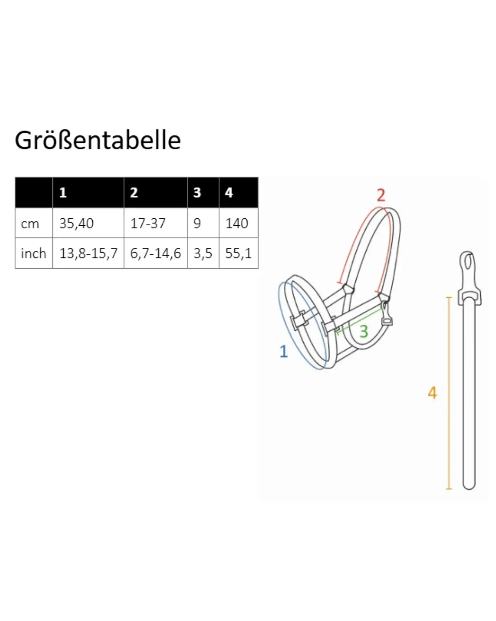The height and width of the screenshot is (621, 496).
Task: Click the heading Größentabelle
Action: click(x=98, y=141)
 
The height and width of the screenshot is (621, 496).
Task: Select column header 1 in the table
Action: click(x=63, y=193)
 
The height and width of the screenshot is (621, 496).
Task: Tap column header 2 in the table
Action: click(x=134, y=193)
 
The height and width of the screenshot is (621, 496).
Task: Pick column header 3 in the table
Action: click(x=197, y=193)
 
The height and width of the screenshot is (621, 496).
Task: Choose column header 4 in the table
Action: click(x=229, y=193)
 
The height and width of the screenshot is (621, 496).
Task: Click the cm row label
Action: click(x=30, y=224)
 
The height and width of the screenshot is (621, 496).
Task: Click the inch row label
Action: click(x=33, y=253)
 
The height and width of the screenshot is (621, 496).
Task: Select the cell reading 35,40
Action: click(x=76, y=224)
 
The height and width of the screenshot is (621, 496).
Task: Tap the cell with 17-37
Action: click(x=148, y=224)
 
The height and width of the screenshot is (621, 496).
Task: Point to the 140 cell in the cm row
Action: click(x=237, y=224)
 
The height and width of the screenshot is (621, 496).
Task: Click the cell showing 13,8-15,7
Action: click(x=88, y=253)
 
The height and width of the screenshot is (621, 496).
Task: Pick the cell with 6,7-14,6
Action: click(x=156, y=253)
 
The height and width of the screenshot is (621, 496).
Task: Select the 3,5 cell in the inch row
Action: click(x=203, y=253)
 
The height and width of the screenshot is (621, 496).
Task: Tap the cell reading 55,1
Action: click(x=238, y=253)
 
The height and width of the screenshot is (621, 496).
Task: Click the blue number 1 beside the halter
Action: click(x=284, y=351)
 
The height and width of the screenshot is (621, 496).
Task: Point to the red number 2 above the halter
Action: click(x=381, y=196)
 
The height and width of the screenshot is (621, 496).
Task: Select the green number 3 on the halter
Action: click(x=364, y=331)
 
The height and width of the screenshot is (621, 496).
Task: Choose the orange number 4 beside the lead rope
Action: click(x=432, y=393)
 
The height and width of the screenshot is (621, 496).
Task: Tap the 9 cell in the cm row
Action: click(x=197, y=224)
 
